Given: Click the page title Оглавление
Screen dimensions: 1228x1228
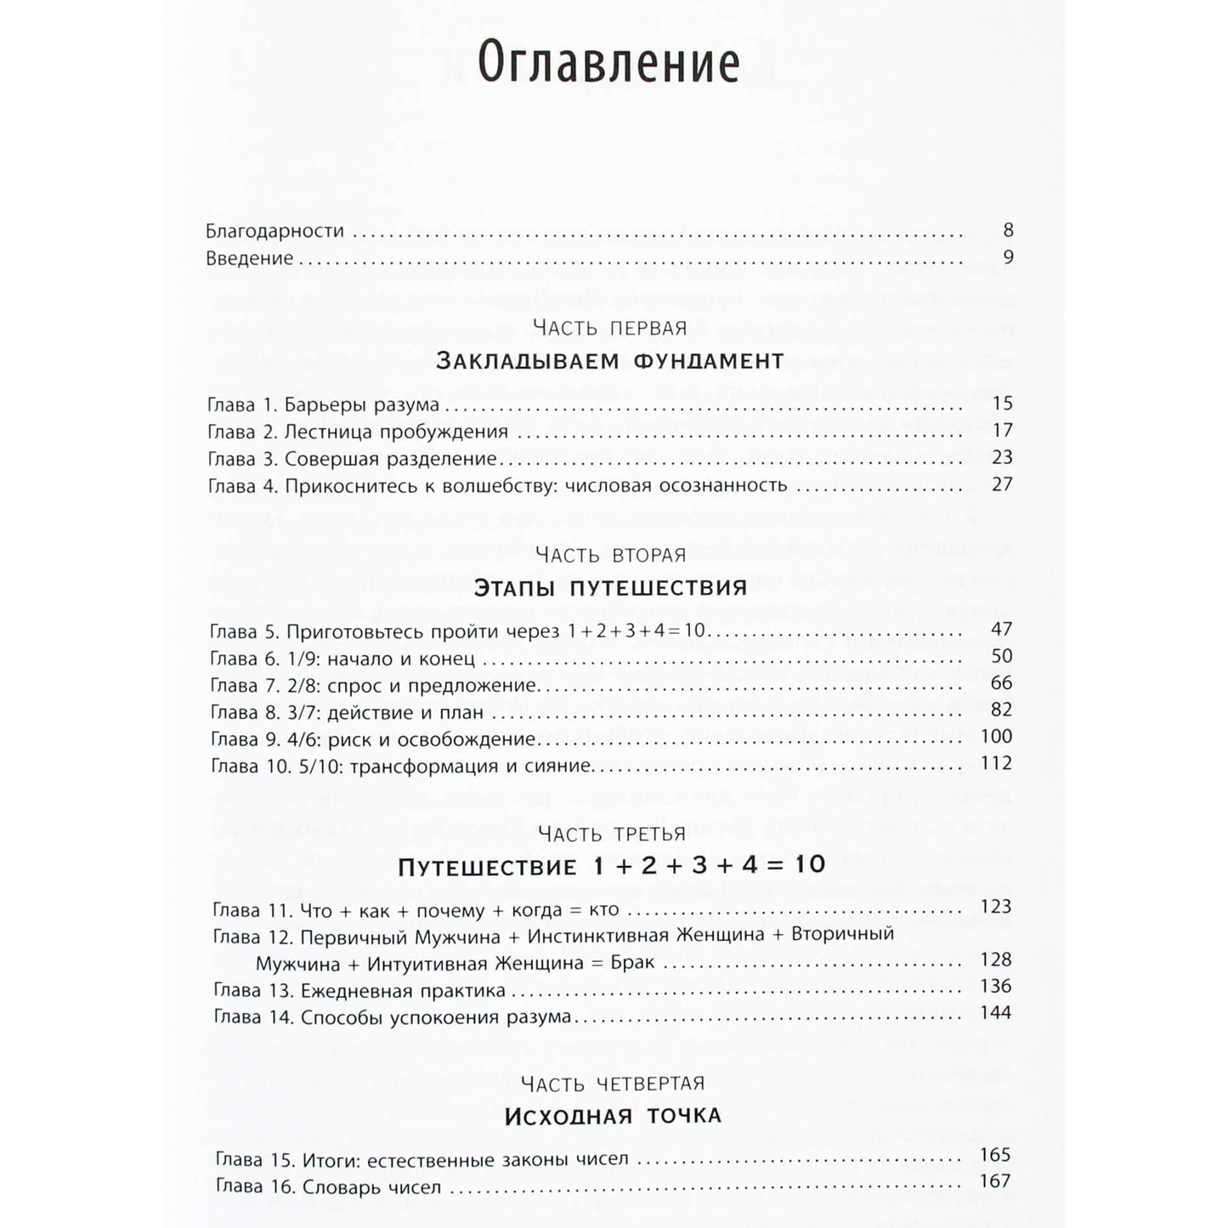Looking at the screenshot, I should pos(608,64).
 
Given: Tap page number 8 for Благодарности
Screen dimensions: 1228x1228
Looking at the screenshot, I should pos(1008,230).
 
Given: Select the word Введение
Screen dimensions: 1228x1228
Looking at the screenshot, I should pos(250,258).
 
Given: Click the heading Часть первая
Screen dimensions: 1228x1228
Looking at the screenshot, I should pos(609,327).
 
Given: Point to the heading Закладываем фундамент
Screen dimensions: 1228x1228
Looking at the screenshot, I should pos(609,361).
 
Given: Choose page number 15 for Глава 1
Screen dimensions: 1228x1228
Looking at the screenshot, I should pos(1002,405).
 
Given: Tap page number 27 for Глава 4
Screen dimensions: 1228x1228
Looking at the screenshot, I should pos(1002,484).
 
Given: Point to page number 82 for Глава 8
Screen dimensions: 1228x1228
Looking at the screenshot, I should pos(1002,710).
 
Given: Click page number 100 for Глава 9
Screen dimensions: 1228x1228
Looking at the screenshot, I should pos(997,736).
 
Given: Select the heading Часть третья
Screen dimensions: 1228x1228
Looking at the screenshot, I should pos(612,834).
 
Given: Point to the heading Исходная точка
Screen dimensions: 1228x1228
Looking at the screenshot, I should pos(613,1116).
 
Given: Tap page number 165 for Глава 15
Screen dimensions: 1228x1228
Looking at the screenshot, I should pos(995,1154).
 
